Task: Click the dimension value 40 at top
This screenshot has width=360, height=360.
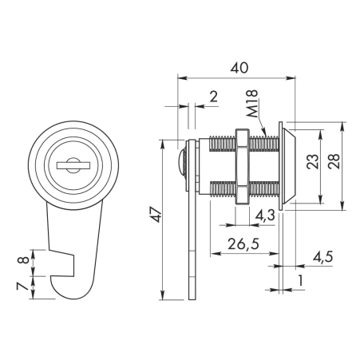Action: [x=239, y=68]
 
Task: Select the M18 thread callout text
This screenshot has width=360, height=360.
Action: [x=251, y=104]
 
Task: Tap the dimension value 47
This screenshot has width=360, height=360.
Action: [x=156, y=215]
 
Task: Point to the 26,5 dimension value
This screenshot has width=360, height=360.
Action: [x=243, y=243]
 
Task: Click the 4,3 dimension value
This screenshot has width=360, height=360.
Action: [x=265, y=215]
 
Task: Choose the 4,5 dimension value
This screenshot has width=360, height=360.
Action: [x=322, y=257]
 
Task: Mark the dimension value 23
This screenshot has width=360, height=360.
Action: [x=312, y=161]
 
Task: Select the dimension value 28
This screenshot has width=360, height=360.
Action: [x=334, y=161]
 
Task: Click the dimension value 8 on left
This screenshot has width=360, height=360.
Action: [x=23, y=259]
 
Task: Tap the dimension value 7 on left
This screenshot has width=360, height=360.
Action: [x=22, y=286]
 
